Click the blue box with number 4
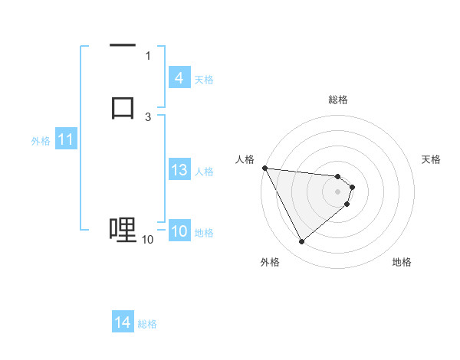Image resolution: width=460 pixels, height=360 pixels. (179, 78)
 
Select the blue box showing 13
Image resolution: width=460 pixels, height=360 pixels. (179, 171)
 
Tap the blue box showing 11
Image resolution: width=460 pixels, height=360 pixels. (65, 140)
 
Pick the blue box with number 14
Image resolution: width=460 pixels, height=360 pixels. (123, 322)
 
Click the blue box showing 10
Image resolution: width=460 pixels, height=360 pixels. (179, 232)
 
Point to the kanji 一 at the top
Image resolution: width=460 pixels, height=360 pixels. (123, 47)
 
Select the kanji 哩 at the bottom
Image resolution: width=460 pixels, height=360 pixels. (123, 229)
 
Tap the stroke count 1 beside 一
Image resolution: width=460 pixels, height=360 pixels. (148, 56)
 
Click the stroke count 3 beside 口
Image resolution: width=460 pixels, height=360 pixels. (148, 116)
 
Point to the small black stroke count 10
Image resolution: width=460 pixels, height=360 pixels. (147, 240)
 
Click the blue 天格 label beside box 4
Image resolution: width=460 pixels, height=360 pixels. (204, 79)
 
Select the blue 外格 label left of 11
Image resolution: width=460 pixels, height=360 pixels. (41, 141)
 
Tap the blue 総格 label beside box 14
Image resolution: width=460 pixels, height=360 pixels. (147, 324)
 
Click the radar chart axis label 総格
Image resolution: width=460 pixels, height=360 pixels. (338, 100)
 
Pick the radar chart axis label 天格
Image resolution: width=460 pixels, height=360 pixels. (432, 159)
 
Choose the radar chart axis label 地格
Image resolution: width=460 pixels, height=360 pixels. (402, 262)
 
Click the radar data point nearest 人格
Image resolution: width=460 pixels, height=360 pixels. (264, 168)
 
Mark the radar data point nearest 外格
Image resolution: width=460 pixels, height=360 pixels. (301, 242)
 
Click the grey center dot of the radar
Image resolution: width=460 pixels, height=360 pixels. (337, 191)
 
